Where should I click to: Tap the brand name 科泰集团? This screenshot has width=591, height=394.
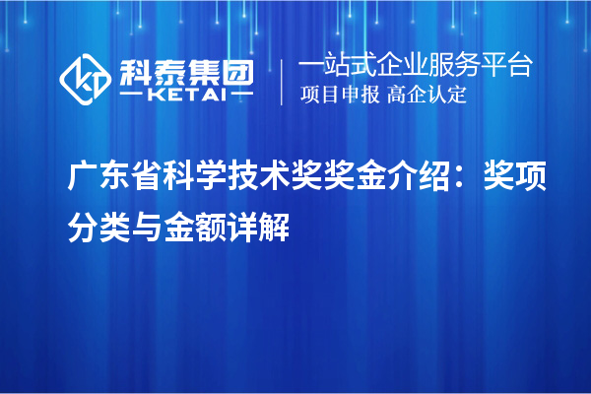pos(185,68)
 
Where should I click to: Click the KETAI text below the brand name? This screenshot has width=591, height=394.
pos(185,95)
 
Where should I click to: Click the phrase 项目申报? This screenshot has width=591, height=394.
pos(339,96)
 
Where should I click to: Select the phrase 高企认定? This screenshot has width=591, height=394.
pos(427,96)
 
